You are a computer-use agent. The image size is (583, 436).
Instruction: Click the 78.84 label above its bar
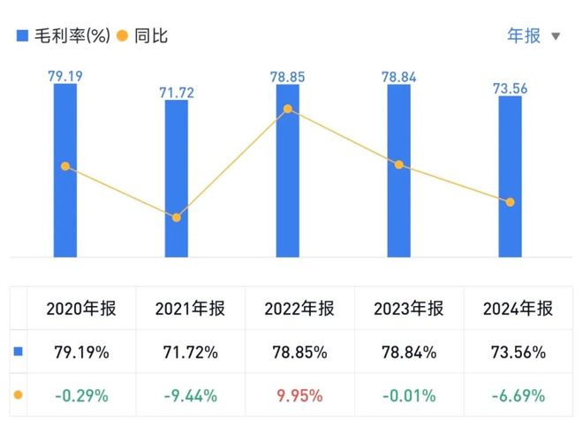(x=398, y=77)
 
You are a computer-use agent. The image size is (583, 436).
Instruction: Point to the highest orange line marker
(x=287, y=110)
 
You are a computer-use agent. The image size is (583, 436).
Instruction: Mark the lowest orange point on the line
(x=176, y=218)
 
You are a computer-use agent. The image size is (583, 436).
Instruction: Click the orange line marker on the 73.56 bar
(x=510, y=203)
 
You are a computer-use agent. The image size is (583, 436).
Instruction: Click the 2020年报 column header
(x=79, y=309)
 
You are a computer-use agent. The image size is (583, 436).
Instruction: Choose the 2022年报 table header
(x=299, y=309)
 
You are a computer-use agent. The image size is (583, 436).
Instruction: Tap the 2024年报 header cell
(x=519, y=309)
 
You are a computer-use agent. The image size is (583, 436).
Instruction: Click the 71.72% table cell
(x=190, y=352)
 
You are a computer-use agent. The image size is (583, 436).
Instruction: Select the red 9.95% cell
(x=299, y=394)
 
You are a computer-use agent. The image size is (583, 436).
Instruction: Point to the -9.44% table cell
(x=190, y=394)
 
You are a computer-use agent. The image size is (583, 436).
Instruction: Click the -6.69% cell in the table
(x=519, y=394)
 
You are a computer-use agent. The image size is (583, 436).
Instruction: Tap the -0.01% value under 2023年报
(x=409, y=394)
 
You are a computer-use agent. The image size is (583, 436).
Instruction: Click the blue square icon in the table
(x=19, y=352)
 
